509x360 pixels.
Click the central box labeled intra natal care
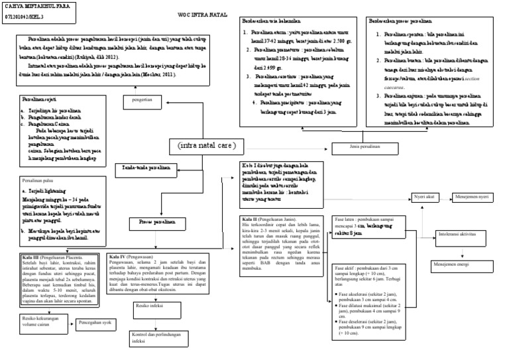point(206,145)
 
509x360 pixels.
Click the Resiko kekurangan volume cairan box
point(40,323)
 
